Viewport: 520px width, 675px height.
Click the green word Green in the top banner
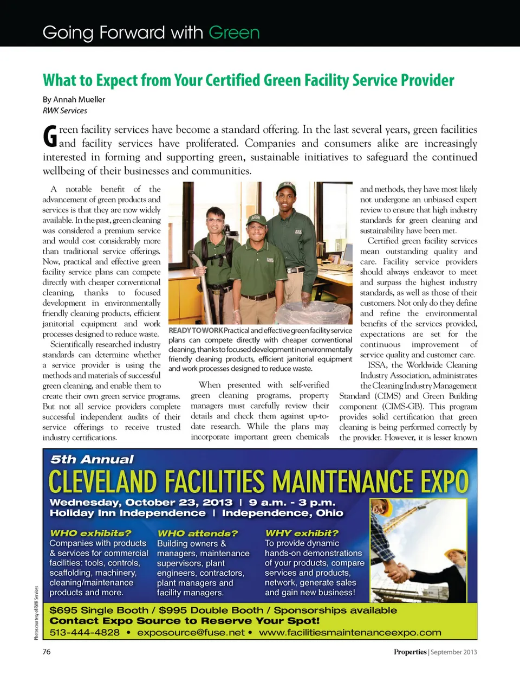(234, 33)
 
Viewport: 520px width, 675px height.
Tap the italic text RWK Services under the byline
(65, 111)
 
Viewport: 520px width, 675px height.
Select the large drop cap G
(50, 136)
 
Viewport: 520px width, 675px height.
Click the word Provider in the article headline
(427, 80)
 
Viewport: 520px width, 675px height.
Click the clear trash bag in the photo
(317, 313)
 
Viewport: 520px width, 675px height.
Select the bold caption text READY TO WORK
(196, 330)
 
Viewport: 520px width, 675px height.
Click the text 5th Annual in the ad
(92, 459)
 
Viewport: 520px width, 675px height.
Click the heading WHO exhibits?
(90, 533)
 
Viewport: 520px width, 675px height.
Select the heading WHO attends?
(197, 533)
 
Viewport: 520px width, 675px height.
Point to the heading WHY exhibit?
(302, 533)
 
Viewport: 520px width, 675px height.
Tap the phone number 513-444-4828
(84, 632)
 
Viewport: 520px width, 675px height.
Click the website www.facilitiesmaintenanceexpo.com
(350, 632)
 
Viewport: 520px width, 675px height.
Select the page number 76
(47, 652)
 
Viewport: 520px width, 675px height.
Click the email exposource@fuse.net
(191, 632)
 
